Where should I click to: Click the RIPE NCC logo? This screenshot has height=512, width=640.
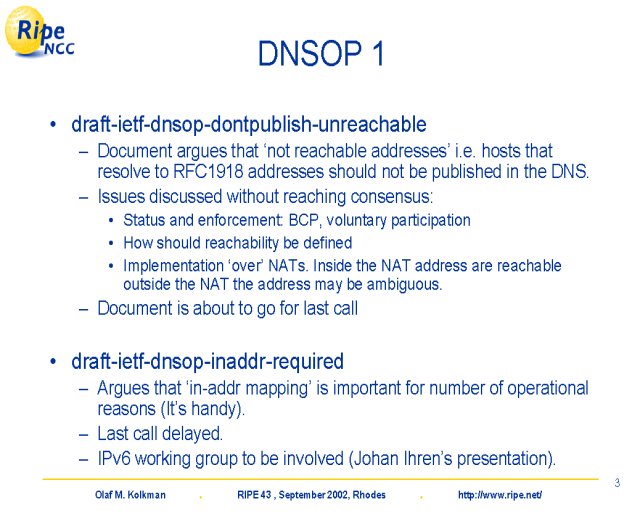(40, 32)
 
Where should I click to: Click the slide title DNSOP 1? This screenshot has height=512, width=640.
(321, 53)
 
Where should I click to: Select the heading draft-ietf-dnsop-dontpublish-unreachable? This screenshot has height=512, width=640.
(249, 124)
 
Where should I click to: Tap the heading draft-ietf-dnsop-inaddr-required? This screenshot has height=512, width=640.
(207, 361)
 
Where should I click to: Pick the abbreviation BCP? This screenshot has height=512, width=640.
(304, 220)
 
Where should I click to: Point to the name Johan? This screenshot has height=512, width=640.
(376, 458)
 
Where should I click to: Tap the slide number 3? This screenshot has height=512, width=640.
(617, 483)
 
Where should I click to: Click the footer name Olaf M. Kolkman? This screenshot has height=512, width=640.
(130, 495)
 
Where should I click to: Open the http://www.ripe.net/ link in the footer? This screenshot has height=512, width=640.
(500, 495)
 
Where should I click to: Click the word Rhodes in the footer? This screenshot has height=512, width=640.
(369, 495)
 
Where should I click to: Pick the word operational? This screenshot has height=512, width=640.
(548, 388)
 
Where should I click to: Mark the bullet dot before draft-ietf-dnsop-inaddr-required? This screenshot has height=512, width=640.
(53, 362)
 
